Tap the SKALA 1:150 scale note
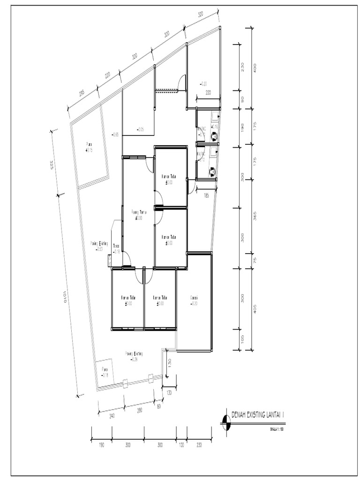click(x=277, y=428)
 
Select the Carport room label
click(x=194, y=298)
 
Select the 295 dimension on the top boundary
click(x=81, y=93)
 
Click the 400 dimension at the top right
click(x=255, y=68)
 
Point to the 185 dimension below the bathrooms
click(x=206, y=195)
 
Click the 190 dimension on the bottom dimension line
click(x=102, y=445)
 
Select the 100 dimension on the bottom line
click(x=181, y=445)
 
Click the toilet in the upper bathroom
click(x=214, y=135)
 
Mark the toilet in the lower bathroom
click(x=212, y=172)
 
